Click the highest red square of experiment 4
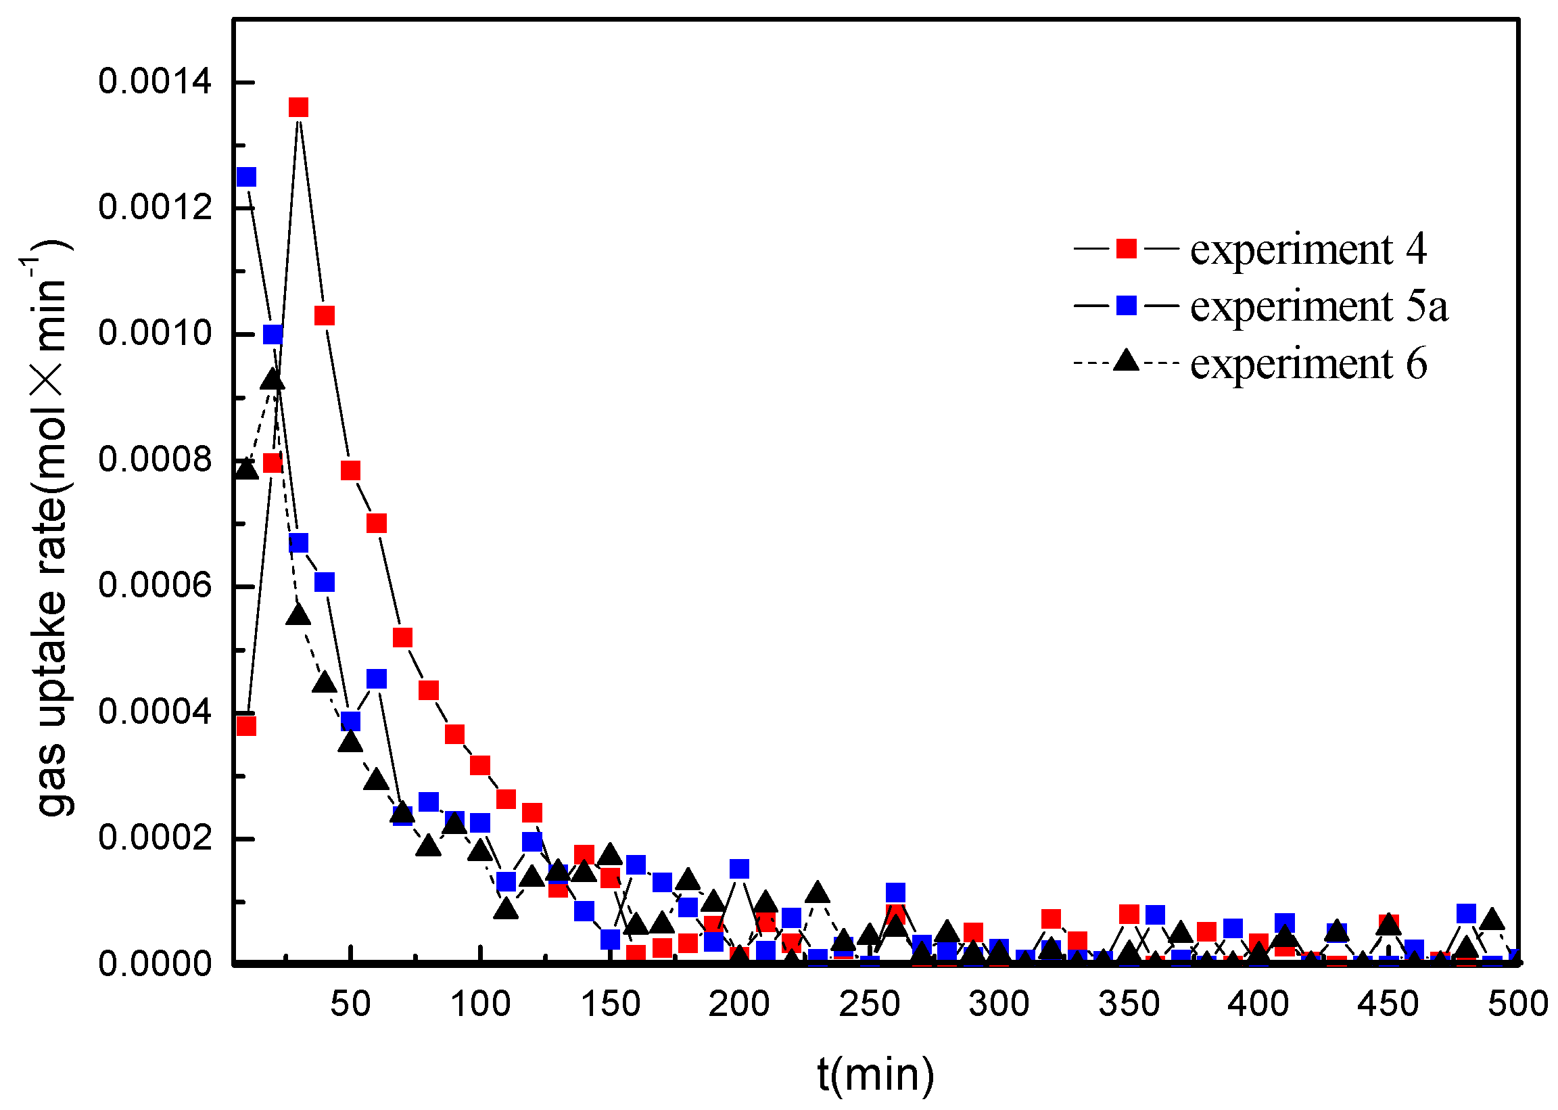click(298, 108)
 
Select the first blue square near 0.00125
click(246, 177)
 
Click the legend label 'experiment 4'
click(1308, 249)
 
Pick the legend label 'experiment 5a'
click(1319, 306)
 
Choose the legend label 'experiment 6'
click(1308, 363)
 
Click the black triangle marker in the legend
click(1126, 361)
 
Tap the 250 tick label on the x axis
click(869, 1004)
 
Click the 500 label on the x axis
click(1517, 1004)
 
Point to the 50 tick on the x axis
click(350, 1004)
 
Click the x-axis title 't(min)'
click(875, 1073)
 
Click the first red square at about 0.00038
click(246, 726)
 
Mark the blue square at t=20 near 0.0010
click(273, 334)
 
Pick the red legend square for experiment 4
click(1126, 248)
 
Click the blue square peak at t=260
click(895, 892)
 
